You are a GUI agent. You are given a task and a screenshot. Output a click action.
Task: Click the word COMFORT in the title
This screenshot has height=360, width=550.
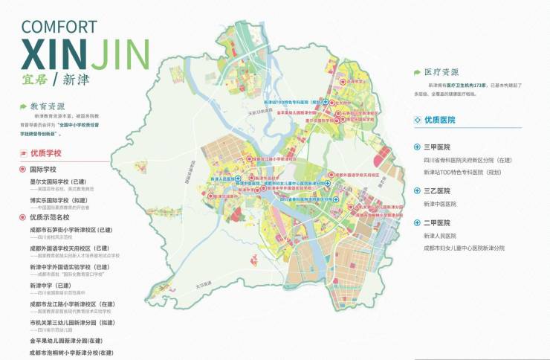(x=59, y=27)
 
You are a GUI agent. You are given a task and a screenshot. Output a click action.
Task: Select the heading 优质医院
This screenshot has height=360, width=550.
(x=439, y=119)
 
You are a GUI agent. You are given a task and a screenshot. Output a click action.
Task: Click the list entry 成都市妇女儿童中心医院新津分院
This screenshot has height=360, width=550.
(x=464, y=248)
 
